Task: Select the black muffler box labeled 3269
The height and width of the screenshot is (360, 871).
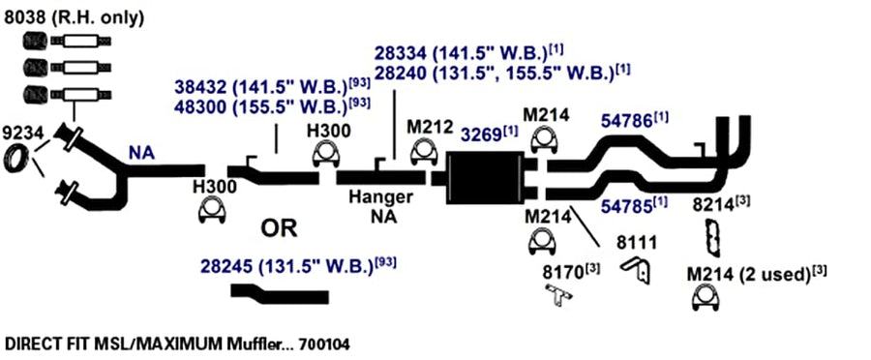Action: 485,177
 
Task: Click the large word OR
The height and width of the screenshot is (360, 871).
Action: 279,227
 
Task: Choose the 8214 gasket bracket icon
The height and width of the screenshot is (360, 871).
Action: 712,238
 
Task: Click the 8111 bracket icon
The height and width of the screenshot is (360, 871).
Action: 637,269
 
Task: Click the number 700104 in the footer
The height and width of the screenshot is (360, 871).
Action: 324,345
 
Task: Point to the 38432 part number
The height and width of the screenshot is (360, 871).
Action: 201,87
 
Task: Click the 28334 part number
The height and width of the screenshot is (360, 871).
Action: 400,53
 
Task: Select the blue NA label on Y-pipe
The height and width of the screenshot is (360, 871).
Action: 141,153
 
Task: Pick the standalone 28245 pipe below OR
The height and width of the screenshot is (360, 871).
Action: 280,293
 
